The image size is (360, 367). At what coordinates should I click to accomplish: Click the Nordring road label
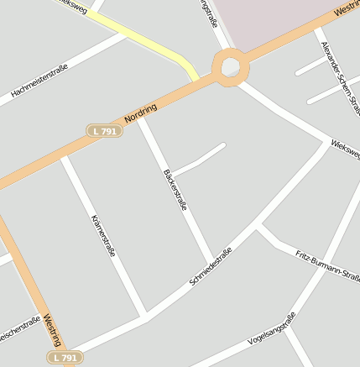pos(140,114)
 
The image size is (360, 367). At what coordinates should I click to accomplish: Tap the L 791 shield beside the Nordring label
pos(105,131)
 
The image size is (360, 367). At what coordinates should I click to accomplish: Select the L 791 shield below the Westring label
pos(64,358)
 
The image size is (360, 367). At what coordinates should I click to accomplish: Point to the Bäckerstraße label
pos(175,190)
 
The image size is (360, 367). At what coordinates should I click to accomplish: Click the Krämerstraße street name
pos(103,234)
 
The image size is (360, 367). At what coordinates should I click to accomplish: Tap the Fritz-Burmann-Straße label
pos(327,265)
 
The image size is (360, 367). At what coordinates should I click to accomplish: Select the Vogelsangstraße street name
pos(273,330)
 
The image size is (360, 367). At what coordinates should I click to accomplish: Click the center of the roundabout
pos(231,66)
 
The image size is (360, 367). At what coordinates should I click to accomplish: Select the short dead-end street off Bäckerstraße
pos(201,159)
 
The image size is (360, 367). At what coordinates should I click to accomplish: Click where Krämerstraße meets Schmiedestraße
pos(146,316)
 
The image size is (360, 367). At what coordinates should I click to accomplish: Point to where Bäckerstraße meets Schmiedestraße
pos(211,264)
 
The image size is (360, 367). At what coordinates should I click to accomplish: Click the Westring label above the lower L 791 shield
pos(51,330)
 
